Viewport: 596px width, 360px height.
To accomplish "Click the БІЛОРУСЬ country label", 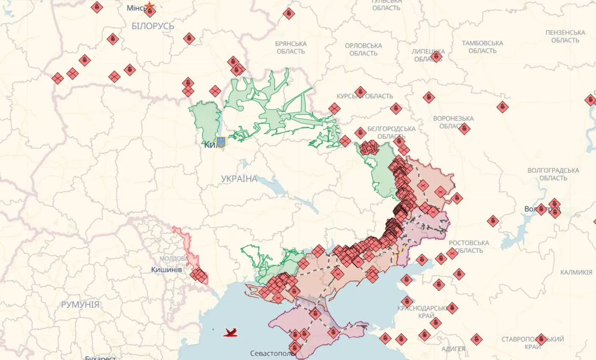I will click(x=153, y=26).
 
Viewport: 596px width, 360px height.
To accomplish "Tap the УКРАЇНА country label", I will click(x=239, y=179).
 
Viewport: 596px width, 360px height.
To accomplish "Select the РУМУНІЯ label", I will click(x=80, y=304).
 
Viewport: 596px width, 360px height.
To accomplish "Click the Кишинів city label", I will click(x=166, y=270).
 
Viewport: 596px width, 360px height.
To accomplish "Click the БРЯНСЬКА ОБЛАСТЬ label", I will click(x=291, y=48).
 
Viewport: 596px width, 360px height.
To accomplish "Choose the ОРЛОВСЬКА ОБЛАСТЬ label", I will click(x=363, y=49).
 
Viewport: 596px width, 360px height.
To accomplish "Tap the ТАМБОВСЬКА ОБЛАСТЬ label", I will click(x=482, y=47).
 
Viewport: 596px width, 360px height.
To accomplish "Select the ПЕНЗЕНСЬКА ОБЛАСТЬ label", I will click(x=565, y=37).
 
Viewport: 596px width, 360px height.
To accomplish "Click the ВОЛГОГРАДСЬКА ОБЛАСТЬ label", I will click(x=553, y=174).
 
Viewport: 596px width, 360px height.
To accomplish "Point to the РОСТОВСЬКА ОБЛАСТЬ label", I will click(x=469, y=247).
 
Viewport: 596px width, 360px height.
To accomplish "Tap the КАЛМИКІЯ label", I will click(x=576, y=272).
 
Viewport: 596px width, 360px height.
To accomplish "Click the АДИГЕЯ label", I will click(x=453, y=349).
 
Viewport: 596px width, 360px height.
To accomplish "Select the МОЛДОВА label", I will click(x=173, y=259).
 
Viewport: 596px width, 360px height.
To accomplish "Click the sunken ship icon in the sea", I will click(x=230, y=332).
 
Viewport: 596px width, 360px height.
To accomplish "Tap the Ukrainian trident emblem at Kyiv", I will click(x=221, y=142).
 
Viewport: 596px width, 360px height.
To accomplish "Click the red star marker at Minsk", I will click(x=149, y=6).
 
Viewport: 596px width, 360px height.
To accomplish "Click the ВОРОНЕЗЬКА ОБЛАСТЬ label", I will click(x=453, y=122).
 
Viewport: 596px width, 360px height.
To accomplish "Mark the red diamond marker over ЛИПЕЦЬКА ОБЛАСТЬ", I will click(x=436, y=56).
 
